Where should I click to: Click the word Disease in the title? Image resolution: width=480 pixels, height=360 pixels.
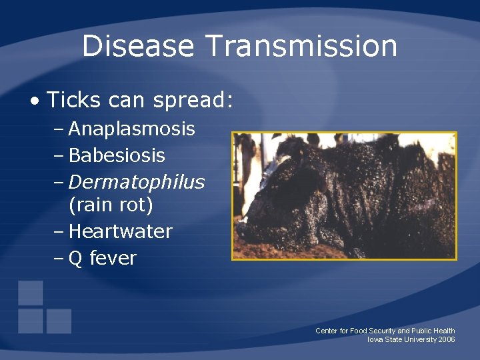(x=138, y=47)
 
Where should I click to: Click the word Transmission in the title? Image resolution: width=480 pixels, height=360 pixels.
(x=301, y=47)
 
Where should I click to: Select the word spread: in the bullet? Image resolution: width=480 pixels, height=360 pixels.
(x=193, y=101)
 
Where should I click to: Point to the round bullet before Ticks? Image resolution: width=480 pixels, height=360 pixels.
(x=34, y=101)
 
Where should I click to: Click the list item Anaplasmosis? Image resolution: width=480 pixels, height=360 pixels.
(x=131, y=129)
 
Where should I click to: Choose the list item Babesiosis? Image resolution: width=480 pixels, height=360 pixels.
(x=117, y=156)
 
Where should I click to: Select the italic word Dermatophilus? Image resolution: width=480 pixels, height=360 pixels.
(x=136, y=182)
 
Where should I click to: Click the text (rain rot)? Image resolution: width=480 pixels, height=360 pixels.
(x=111, y=205)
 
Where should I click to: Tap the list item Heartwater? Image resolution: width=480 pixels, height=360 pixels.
(x=120, y=232)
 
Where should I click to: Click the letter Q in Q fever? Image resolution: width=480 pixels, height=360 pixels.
(x=75, y=259)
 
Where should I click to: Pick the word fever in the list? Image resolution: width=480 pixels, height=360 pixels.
(x=113, y=258)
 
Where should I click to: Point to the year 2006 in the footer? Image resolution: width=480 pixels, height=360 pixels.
(x=447, y=340)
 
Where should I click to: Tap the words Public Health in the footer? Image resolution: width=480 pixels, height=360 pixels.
(x=433, y=331)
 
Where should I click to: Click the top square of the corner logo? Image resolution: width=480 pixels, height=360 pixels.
(x=31, y=293)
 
